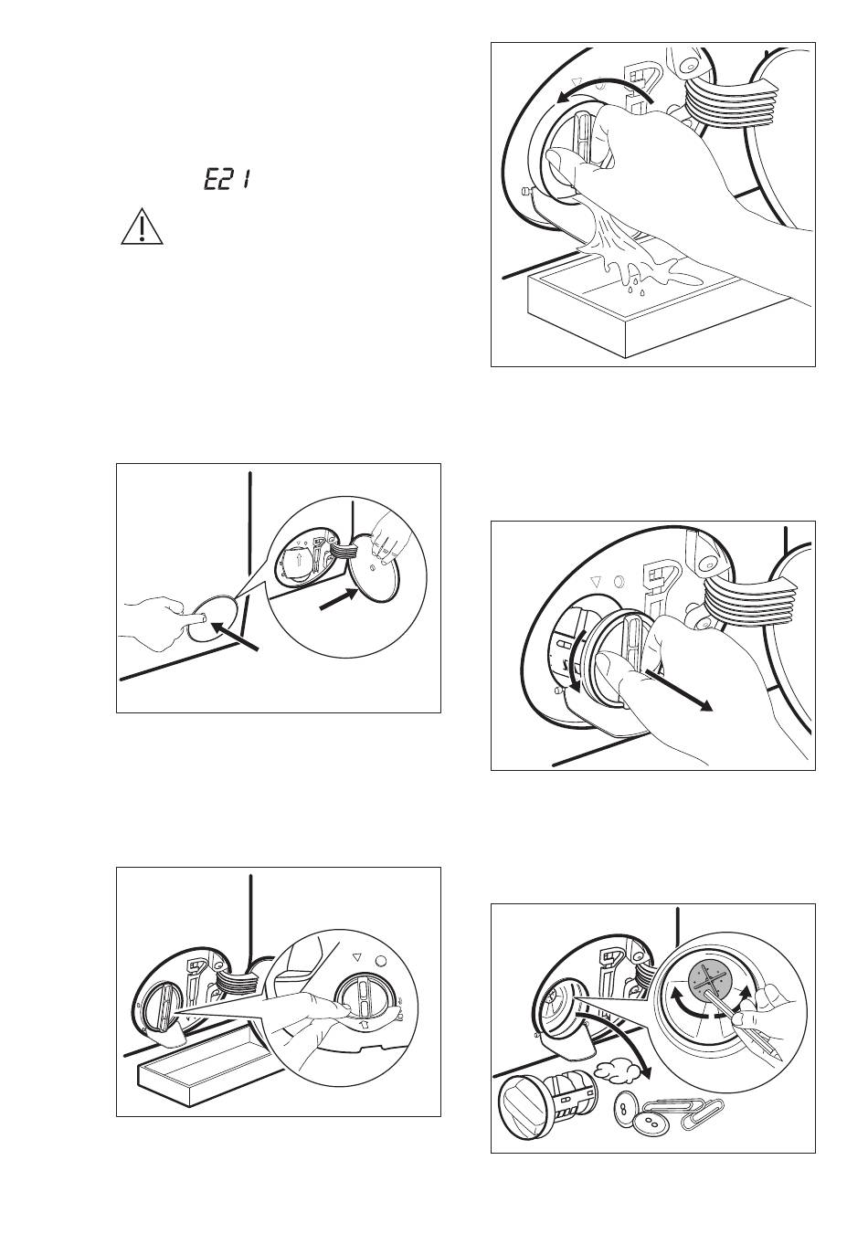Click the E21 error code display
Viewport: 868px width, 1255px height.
(x=227, y=181)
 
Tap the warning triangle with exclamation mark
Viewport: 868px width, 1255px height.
(x=142, y=227)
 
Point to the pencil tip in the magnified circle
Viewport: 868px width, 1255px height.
(x=778, y=1056)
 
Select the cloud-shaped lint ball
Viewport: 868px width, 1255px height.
(x=616, y=1070)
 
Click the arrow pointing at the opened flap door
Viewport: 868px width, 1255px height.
(x=338, y=600)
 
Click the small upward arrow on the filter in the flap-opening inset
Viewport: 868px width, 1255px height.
(x=299, y=559)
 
